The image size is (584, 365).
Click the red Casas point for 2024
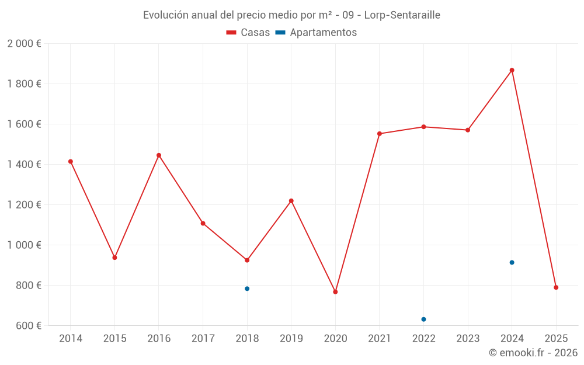click(x=512, y=70)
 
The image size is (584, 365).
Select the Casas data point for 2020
click(x=335, y=292)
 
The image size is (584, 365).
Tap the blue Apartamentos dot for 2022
click(x=423, y=319)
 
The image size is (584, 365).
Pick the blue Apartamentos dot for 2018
click(x=247, y=288)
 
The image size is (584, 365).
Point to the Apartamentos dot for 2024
click(x=512, y=262)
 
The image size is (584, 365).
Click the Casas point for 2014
click(x=71, y=161)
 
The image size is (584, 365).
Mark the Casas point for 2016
click(x=159, y=155)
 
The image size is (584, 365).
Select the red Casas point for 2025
click(x=556, y=287)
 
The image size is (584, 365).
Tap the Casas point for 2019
click(x=291, y=201)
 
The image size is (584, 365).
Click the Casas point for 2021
click(x=380, y=134)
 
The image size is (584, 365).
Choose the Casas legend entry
click(x=248, y=33)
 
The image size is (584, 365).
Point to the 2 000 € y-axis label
click(x=25, y=44)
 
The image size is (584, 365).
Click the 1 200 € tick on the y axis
click(x=25, y=205)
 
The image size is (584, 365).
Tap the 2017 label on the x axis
click(x=203, y=338)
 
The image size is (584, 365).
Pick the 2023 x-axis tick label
click(x=468, y=338)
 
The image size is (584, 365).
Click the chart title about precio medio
click(x=291, y=15)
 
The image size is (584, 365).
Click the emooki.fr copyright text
click(x=533, y=353)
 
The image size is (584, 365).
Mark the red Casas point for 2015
click(x=114, y=258)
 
